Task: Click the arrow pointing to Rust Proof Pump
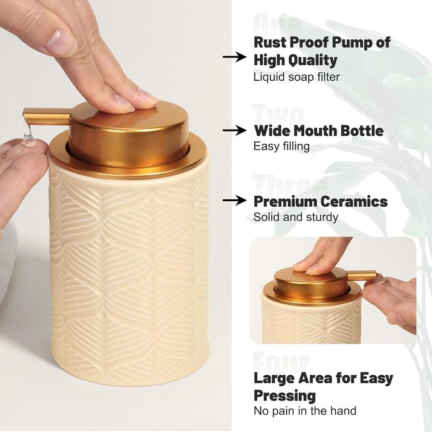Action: [235, 57]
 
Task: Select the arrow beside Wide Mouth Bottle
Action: [235, 130]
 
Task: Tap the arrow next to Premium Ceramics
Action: [235, 201]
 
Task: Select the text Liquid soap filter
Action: [296, 77]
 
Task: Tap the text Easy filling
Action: [281, 146]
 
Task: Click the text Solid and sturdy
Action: [296, 217]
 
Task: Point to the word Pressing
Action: [285, 396]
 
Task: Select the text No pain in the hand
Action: [305, 411]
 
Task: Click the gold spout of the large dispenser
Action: [47, 116]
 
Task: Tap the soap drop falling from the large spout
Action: [28, 134]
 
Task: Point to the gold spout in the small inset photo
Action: [362, 276]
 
